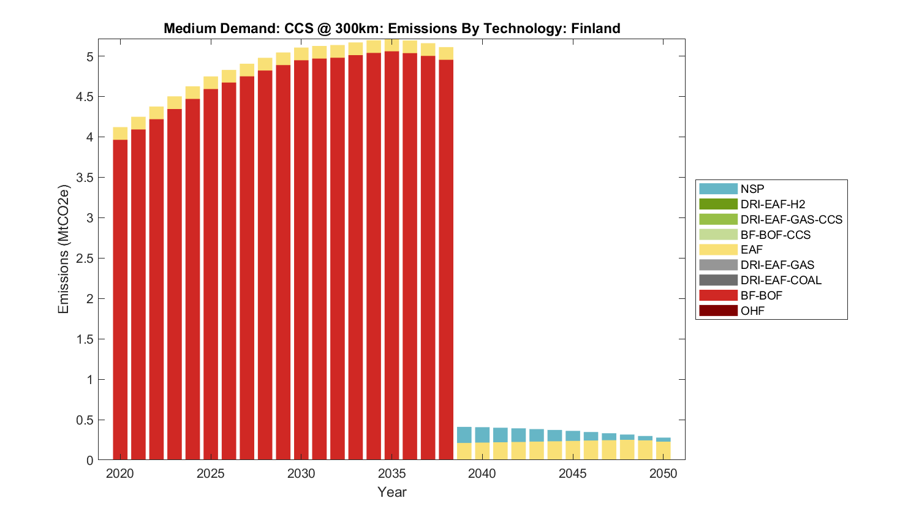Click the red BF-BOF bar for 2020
[x=120, y=300]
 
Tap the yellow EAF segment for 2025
[x=211, y=83]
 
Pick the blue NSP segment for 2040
[x=482, y=435]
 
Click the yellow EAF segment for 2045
[x=573, y=450]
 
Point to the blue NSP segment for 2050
[x=664, y=440]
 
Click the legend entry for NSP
[x=752, y=189]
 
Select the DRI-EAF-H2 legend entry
[x=772, y=204]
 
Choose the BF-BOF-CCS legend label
[x=775, y=235]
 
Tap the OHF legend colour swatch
[x=718, y=311]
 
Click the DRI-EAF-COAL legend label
[x=781, y=280]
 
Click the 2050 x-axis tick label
[x=664, y=474]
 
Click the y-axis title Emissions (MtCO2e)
[x=63, y=249]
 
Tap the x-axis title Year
[x=392, y=492]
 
